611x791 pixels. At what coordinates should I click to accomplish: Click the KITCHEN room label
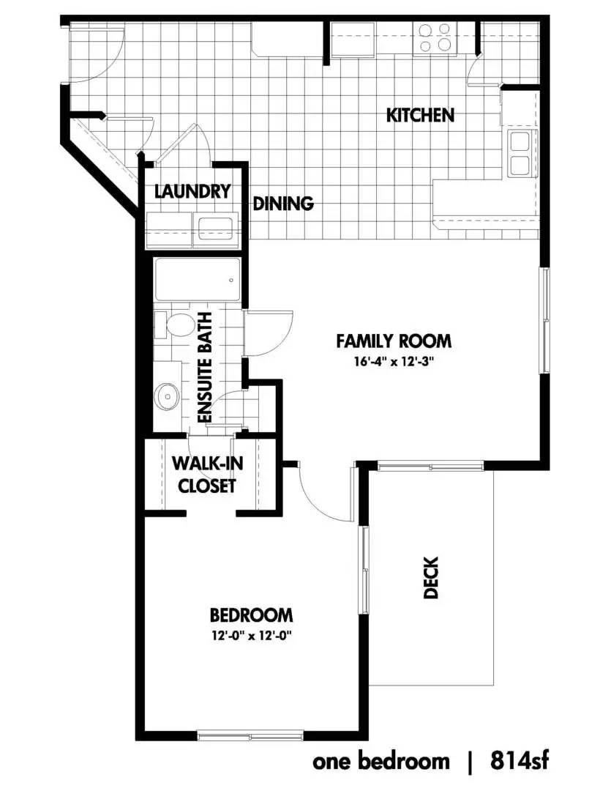[x=420, y=115]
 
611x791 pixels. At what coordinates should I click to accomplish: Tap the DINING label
[x=282, y=204]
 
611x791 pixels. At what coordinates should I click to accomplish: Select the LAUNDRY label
[x=192, y=192]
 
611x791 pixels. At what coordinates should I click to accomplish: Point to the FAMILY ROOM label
[x=394, y=341]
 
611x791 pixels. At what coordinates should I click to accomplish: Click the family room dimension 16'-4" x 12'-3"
[x=394, y=362]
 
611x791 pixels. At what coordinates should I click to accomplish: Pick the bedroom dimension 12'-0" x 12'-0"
[x=252, y=636]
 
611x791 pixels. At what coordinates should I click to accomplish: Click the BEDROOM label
[x=251, y=615]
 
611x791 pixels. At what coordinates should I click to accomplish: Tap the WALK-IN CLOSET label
[x=207, y=474]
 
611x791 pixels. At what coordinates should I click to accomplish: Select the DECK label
[x=430, y=577]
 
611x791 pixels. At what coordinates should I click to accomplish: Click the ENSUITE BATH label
[x=205, y=368]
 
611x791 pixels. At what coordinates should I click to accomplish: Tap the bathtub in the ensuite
[x=197, y=280]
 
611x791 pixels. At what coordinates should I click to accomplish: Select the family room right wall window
[x=545, y=320]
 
